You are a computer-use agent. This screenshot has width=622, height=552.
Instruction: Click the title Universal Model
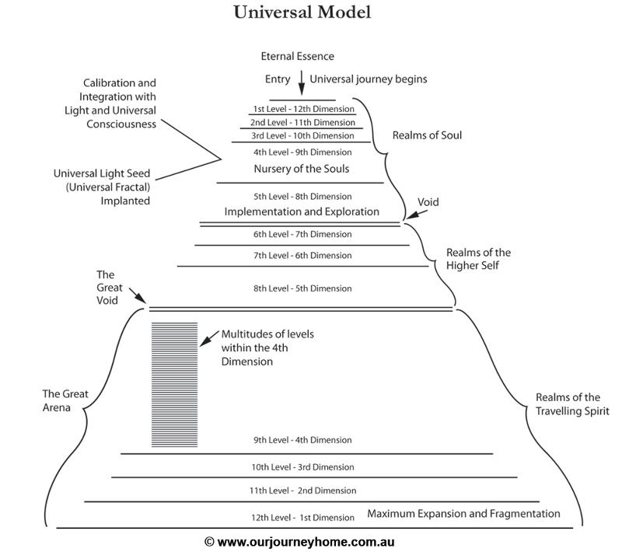(x=302, y=12)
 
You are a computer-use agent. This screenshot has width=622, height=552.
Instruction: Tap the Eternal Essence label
(x=297, y=56)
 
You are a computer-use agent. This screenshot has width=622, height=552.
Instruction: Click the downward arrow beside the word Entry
(x=302, y=83)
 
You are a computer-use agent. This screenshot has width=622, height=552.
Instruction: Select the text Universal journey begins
(x=368, y=79)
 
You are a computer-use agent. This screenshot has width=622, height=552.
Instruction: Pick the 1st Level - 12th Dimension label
(x=303, y=109)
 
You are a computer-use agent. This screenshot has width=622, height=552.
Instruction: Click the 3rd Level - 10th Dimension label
(x=302, y=135)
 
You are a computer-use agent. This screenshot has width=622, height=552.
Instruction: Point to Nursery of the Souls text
(x=302, y=169)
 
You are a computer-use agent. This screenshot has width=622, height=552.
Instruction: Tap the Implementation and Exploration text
(x=302, y=211)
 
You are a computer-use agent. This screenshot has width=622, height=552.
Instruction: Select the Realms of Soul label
(x=427, y=135)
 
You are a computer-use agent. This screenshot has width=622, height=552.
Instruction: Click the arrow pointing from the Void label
(x=416, y=214)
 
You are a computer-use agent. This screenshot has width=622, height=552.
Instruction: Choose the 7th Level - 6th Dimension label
(x=302, y=255)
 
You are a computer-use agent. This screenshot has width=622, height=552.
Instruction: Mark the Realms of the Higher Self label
(x=478, y=259)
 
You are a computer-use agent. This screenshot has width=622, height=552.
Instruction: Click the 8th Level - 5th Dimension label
(x=302, y=288)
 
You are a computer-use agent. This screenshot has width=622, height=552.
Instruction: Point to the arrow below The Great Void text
(x=138, y=295)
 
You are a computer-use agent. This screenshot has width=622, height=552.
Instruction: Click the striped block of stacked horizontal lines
(x=174, y=385)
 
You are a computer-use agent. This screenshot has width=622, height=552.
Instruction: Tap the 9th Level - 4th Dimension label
(x=302, y=440)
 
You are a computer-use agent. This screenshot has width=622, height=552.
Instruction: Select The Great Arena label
(x=65, y=400)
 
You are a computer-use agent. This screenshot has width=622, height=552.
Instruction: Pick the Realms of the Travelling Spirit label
(x=572, y=404)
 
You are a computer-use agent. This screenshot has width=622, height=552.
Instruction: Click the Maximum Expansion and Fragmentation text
(x=463, y=514)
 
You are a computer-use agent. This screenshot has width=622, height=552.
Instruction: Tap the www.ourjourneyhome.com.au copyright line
(x=299, y=542)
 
